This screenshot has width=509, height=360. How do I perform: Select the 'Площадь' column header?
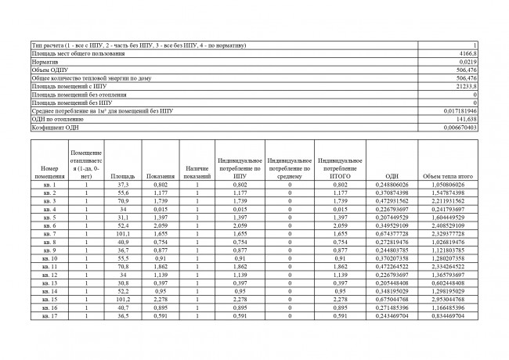122,177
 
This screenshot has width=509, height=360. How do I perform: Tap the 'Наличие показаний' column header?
197,173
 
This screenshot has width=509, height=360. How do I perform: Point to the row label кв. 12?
49,275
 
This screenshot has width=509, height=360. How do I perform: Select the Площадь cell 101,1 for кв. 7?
122,234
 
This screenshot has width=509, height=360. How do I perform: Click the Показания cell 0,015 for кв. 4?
160,210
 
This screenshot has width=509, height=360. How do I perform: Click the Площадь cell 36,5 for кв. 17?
122,316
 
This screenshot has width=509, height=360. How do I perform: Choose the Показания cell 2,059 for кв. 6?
160,226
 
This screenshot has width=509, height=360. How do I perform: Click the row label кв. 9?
49,250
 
